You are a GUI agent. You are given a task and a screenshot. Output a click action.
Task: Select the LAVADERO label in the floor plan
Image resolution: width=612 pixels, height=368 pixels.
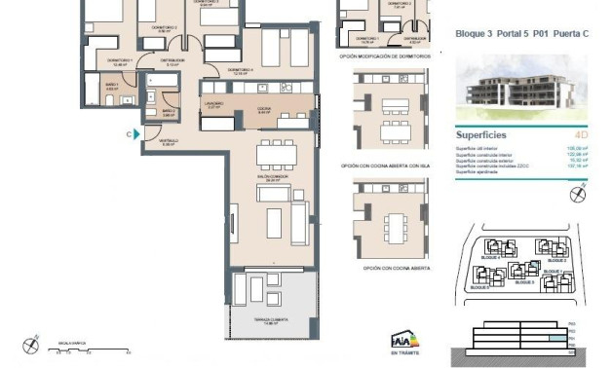coord(214,106)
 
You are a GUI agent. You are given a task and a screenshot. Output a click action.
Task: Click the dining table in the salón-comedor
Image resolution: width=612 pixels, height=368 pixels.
coord(276,156)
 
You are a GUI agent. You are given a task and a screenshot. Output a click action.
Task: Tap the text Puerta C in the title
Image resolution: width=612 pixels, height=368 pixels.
coord(574,33)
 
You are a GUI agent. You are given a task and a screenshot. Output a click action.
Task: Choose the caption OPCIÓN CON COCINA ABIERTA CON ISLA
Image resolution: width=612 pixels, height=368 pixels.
coord(385,166)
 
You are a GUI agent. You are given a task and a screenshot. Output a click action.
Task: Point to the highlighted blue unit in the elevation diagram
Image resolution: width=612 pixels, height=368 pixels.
coord(555,338)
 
